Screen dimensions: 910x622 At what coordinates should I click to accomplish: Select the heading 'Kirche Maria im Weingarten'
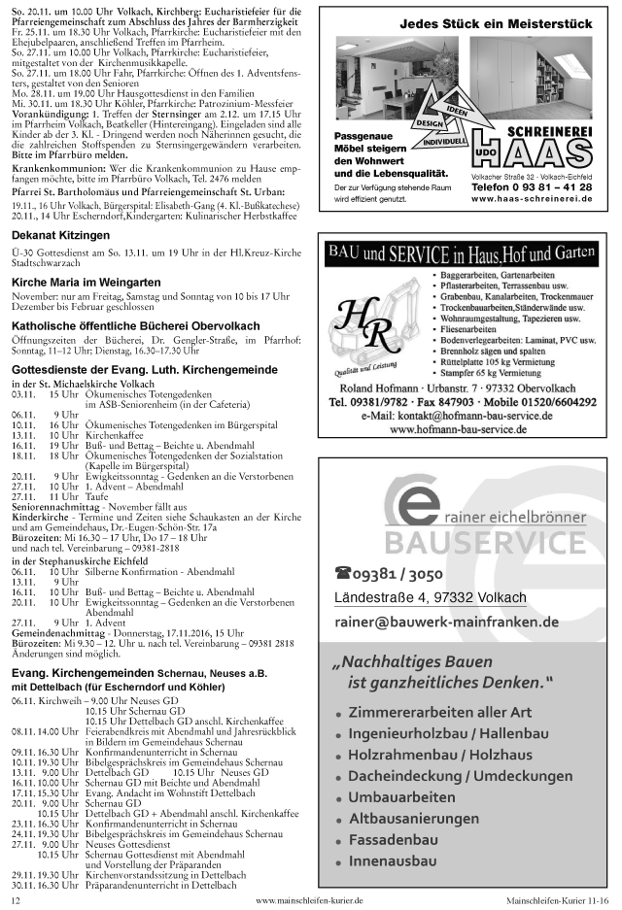click(x=86, y=281)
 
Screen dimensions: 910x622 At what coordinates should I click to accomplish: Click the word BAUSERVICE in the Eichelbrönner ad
click(x=485, y=541)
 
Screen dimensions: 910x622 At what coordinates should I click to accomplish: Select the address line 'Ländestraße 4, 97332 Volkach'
click(x=430, y=596)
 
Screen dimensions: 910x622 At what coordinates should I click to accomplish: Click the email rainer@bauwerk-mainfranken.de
click(x=446, y=622)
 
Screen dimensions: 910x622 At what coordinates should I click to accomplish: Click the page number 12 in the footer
click(x=16, y=900)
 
